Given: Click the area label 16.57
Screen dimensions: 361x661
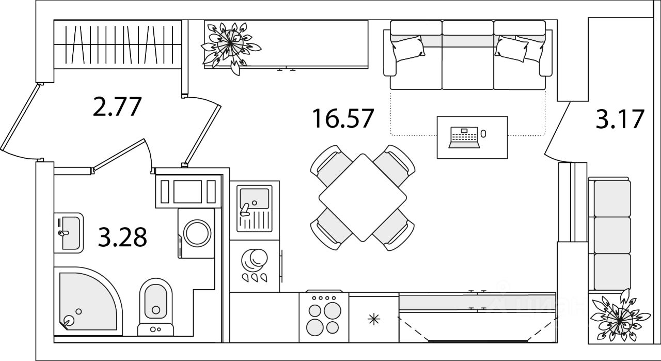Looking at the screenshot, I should pyautogui.click(x=342, y=119).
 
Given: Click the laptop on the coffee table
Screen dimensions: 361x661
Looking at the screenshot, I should pyautogui.click(x=463, y=137).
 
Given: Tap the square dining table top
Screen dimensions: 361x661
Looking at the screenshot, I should pyautogui.click(x=363, y=197).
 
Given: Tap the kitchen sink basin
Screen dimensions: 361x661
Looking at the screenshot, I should pyautogui.click(x=254, y=199).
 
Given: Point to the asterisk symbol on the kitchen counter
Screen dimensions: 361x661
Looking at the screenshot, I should pyautogui.click(x=373, y=319).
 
